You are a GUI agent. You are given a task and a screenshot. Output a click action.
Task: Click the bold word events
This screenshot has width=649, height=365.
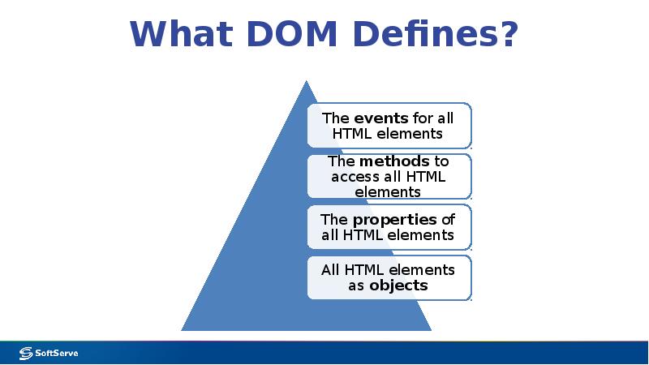380,118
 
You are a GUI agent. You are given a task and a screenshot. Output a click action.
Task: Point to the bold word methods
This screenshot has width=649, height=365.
394,161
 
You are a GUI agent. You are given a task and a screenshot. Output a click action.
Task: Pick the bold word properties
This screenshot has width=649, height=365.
394,220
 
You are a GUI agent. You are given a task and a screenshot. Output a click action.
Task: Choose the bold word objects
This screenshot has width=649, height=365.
398,286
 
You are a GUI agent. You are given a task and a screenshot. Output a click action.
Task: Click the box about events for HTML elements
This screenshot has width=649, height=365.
389,126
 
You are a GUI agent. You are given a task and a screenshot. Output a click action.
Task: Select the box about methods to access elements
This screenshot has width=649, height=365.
389,177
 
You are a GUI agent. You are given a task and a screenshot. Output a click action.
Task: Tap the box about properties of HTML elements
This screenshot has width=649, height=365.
389,228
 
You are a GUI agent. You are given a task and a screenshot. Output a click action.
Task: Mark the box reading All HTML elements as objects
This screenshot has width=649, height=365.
389,278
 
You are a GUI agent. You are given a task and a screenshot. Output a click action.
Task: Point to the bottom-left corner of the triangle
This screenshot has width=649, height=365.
183,330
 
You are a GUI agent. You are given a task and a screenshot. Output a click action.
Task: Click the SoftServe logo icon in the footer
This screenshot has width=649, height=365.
25,353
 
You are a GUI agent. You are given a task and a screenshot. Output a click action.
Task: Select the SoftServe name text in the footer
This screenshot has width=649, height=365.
56,353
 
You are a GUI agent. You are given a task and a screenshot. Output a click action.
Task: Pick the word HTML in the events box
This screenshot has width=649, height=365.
351,133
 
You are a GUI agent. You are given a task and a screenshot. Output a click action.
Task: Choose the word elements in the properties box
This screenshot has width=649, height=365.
419,235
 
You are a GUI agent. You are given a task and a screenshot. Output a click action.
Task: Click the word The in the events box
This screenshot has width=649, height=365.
336,118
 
